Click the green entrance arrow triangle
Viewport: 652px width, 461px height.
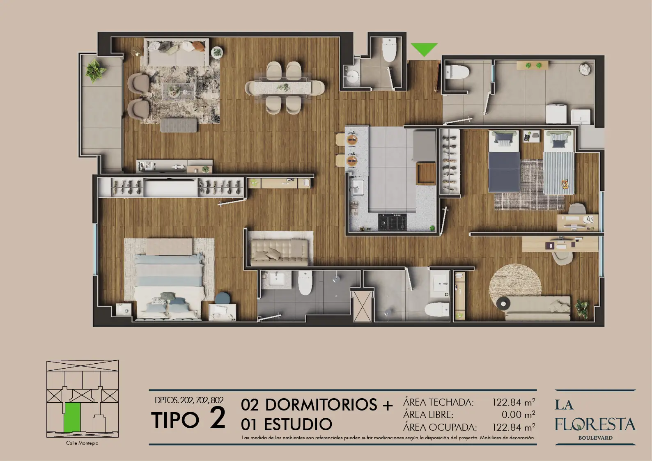pyautogui.click(x=424, y=48)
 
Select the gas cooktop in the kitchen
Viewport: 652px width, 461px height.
pyautogui.click(x=393, y=222)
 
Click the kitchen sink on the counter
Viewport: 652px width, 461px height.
pyautogui.click(x=358, y=188)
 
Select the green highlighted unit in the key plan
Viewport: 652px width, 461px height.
pyautogui.click(x=72, y=417)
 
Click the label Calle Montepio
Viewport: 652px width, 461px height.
pyautogui.click(x=82, y=443)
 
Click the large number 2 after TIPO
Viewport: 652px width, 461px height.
pyautogui.click(x=218, y=417)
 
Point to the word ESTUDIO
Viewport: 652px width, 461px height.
pyautogui.click(x=298, y=424)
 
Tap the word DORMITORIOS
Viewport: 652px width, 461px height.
pyautogui.click(x=321, y=404)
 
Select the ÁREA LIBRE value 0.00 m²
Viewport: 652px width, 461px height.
pyautogui.click(x=518, y=414)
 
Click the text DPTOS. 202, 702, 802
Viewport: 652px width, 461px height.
pyautogui.click(x=189, y=400)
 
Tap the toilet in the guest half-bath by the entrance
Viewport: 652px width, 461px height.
pyautogui.click(x=389, y=50)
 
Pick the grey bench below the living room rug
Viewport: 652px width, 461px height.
pyautogui.click(x=179, y=125)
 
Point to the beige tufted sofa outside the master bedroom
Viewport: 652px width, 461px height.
pyautogui.click(x=280, y=252)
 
